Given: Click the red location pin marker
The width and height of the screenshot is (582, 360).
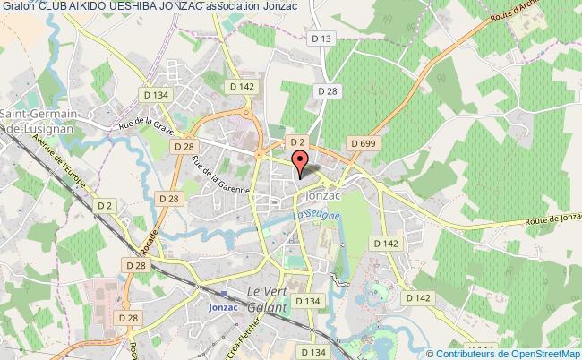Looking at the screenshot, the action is coord(302,162).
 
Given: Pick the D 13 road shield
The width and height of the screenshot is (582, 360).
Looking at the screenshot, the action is coord(323,38).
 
